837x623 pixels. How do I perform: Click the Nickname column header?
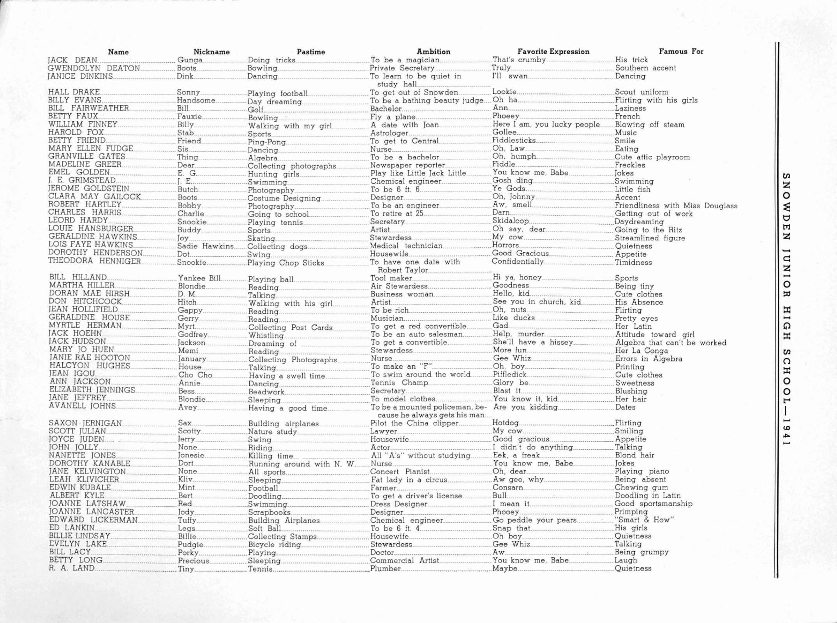point(211,52)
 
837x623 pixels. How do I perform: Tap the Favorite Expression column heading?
point(553,51)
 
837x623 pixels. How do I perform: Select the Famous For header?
point(681,51)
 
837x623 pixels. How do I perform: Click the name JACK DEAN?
point(72,60)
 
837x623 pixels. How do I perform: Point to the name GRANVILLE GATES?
point(86,157)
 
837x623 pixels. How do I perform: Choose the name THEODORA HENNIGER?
point(94,261)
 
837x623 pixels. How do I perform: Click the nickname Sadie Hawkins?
point(205,246)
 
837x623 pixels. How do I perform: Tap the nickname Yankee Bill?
point(199,278)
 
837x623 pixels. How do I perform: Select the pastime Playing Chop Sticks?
point(286,263)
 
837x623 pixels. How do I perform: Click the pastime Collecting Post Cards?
point(290,327)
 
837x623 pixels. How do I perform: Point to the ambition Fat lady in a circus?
point(409,480)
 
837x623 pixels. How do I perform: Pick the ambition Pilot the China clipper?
point(414,423)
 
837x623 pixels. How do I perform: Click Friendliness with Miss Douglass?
point(676,206)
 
